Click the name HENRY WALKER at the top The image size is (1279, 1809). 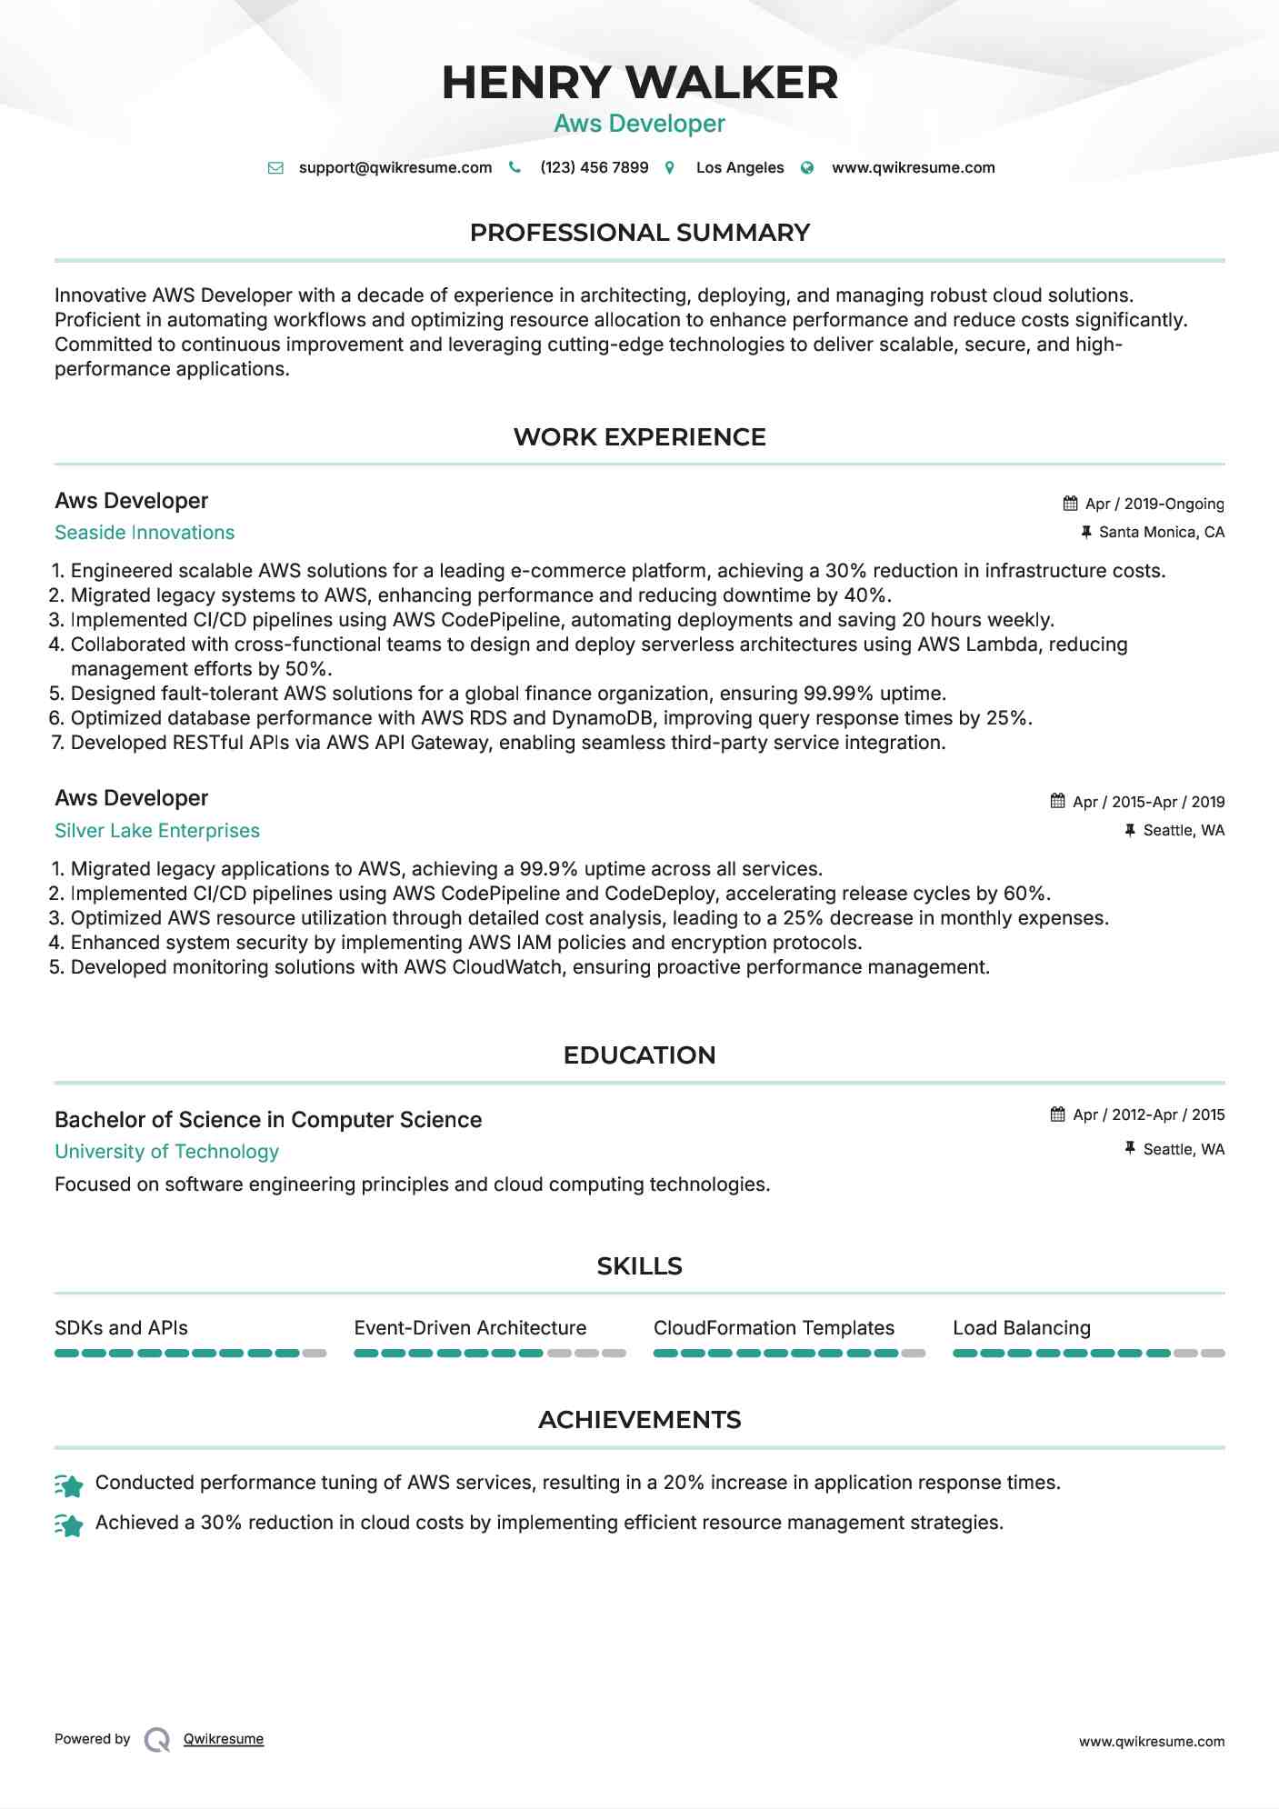click(x=639, y=83)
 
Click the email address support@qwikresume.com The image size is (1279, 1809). click(x=395, y=167)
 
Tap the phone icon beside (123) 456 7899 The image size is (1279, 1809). click(x=515, y=167)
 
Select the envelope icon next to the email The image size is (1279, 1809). click(x=275, y=167)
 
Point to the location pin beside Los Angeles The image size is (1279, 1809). click(x=670, y=167)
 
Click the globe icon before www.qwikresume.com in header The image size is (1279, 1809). click(x=807, y=167)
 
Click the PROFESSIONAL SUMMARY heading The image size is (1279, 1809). click(x=639, y=233)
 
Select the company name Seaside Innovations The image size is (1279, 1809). click(x=145, y=533)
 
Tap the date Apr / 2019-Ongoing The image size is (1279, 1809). click(x=1154, y=504)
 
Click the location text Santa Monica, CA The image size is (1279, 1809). click(x=1161, y=532)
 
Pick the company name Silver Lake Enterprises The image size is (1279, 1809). click(x=157, y=831)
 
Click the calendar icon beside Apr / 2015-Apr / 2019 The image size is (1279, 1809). click(x=1057, y=801)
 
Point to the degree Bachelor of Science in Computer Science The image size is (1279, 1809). click(x=268, y=1120)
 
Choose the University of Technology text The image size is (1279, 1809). click(x=166, y=1152)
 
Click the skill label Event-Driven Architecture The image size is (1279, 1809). click(x=470, y=1328)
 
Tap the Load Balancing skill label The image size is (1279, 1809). click(x=1021, y=1328)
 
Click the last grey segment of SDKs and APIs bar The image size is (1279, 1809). click(x=315, y=1354)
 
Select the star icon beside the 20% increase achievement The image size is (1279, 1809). click(x=69, y=1485)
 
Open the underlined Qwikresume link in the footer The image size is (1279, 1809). click(x=223, y=1739)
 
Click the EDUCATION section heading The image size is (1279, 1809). click(x=639, y=1055)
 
